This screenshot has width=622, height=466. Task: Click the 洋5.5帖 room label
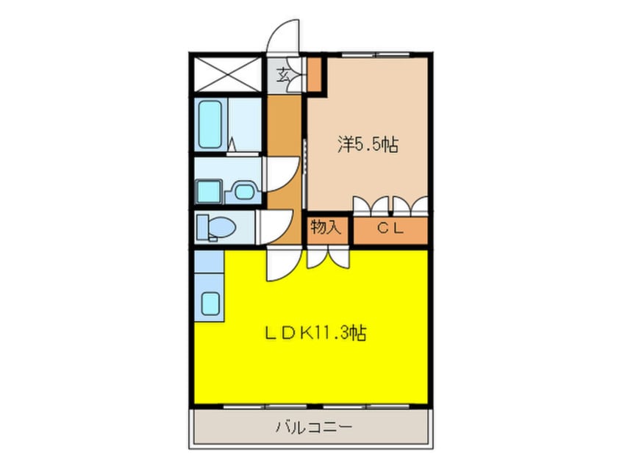click(368, 144)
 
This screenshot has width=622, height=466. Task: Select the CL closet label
click(390, 229)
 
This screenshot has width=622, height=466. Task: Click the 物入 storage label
click(325, 228)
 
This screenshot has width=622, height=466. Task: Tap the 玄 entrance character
click(283, 74)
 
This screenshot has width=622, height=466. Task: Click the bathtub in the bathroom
click(211, 125)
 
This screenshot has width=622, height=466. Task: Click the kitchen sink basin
click(212, 303)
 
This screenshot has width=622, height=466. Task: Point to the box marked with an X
click(228, 74)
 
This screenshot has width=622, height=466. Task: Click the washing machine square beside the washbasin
click(208, 192)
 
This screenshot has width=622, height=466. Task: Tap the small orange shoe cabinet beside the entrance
click(315, 74)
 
